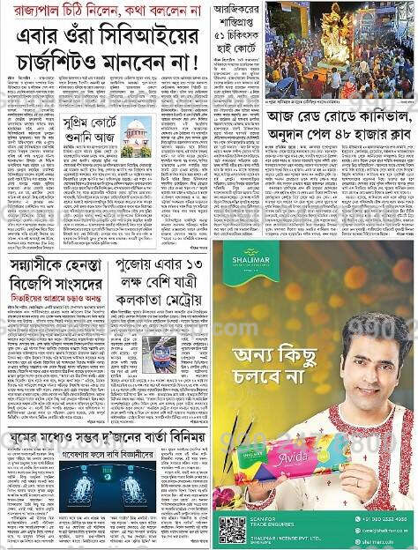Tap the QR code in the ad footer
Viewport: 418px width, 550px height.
(232, 529)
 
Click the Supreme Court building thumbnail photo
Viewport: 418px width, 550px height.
(137, 137)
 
